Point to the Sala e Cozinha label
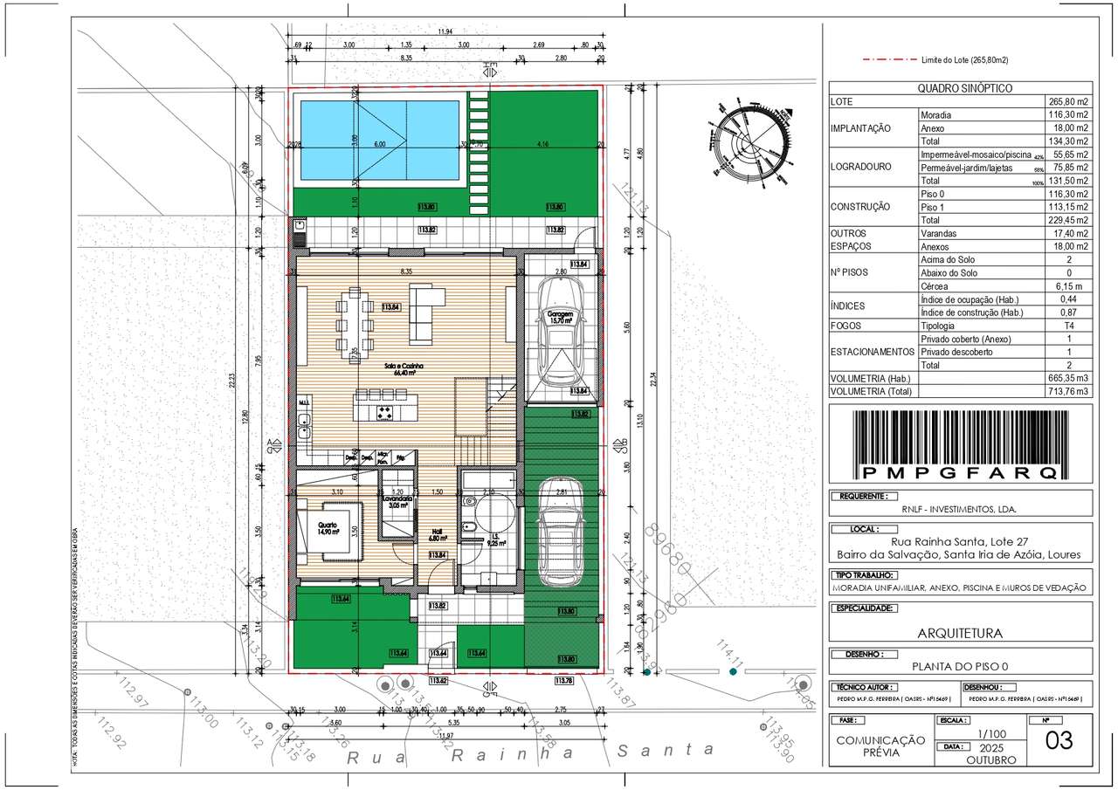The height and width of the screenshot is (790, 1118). (404, 369)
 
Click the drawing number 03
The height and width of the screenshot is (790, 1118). (1059, 740)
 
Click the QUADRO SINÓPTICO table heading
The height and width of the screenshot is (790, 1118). (959, 88)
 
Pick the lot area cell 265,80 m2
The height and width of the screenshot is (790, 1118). (1067, 101)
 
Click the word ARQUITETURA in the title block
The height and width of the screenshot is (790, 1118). (959, 634)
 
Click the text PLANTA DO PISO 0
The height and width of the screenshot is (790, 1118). (959, 665)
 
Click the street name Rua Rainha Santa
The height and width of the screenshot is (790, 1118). (530, 752)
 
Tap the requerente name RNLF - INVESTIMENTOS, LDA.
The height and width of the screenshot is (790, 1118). (959, 509)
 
